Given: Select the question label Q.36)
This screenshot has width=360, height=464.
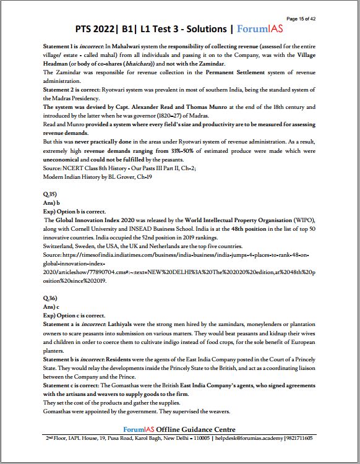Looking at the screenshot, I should pyautogui.click(x=49, y=298).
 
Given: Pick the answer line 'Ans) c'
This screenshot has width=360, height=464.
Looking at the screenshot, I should pyautogui.click(x=52, y=306).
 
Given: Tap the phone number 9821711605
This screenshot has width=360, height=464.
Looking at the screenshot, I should pyautogui.click(x=299, y=438).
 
